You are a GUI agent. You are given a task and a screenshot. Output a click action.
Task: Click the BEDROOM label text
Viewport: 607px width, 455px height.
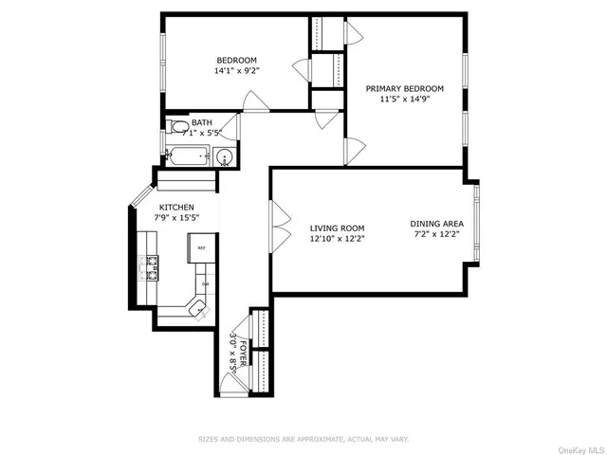[x=236, y=60]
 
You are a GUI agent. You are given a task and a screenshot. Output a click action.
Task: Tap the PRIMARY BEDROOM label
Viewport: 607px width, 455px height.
[x=405, y=88]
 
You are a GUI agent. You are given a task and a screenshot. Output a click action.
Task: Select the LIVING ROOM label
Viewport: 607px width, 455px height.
[x=338, y=227]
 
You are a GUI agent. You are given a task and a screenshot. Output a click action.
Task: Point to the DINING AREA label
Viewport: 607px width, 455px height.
[x=436, y=225]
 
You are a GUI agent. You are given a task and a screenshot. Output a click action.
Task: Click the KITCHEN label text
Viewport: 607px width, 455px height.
[x=176, y=207]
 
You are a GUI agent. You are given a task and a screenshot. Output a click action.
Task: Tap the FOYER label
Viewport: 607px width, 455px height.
[x=243, y=352]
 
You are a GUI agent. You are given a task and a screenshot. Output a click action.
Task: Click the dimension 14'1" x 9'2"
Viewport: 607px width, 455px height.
[x=236, y=70]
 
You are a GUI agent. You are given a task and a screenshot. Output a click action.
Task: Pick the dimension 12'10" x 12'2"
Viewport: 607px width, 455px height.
[x=338, y=239]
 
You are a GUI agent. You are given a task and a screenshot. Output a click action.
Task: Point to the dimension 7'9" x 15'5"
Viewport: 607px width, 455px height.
[x=176, y=217]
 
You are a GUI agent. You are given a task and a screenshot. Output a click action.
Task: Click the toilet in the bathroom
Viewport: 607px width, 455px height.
[x=178, y=127]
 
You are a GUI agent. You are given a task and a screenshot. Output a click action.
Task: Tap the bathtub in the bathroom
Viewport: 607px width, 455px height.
[x=189, y=157]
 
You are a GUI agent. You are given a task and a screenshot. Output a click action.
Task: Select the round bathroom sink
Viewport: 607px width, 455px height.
[x=226, y=158]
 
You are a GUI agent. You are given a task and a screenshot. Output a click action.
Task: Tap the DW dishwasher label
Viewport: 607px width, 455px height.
[x=204, y=283]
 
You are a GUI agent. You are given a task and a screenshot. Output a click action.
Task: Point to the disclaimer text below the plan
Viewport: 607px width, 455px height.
[x=303, y=439]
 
